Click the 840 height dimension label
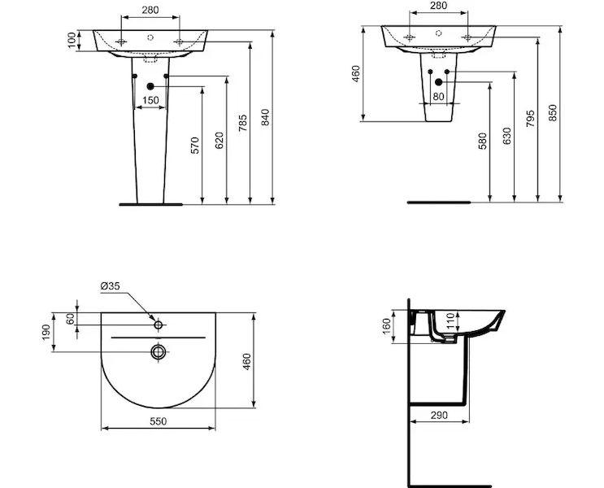click(265, 117)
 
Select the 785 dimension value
click(243, 123)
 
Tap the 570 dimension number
click(195, 146)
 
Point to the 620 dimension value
click(219, 141)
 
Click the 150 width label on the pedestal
click(150, 100)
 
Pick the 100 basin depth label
click(72, 40)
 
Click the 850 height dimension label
click(553, 112)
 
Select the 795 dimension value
click(530, 119)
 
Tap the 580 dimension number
click(482, 141)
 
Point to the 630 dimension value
click(507, 136)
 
